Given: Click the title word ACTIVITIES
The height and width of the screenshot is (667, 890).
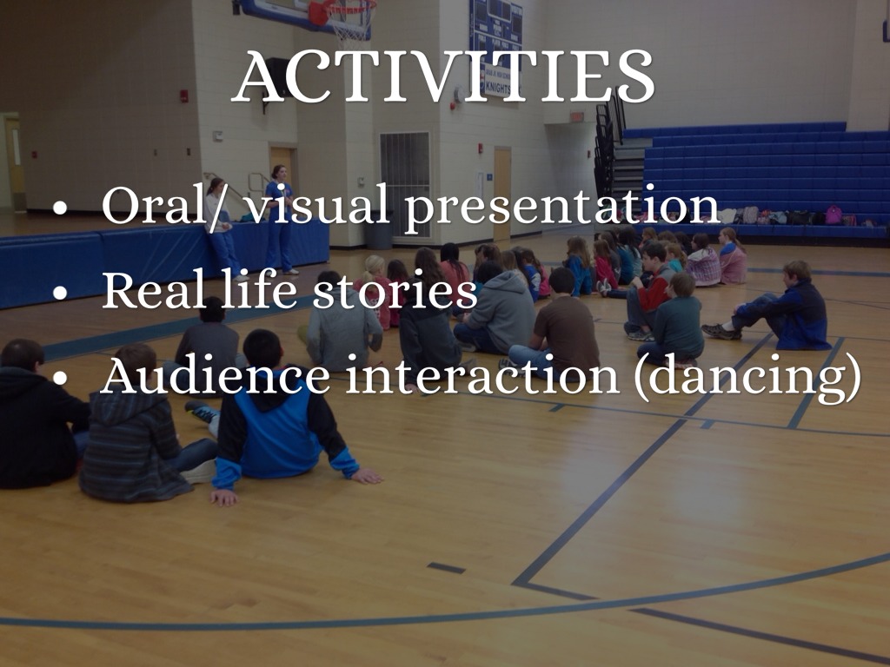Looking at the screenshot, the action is (444, 76).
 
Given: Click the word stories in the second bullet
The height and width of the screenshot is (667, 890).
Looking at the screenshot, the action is (395, 289).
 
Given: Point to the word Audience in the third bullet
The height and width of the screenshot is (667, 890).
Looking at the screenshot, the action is (216, 375).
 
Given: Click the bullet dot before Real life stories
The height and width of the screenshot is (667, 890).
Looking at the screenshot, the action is (60, 293).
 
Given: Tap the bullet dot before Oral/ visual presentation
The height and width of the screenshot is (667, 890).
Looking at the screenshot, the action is (60, 208).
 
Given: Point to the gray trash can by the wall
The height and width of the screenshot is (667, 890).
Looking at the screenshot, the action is (379, 229).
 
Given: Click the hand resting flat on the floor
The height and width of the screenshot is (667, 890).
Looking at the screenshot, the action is (367, 476).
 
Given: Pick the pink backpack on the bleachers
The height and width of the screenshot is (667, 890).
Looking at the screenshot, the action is (834, 215).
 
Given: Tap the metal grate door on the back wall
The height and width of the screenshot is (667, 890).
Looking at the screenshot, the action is (405, 184).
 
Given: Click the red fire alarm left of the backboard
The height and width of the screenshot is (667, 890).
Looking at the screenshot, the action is (184, 96).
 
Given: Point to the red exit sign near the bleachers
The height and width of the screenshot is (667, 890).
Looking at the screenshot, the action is (577, 116).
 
